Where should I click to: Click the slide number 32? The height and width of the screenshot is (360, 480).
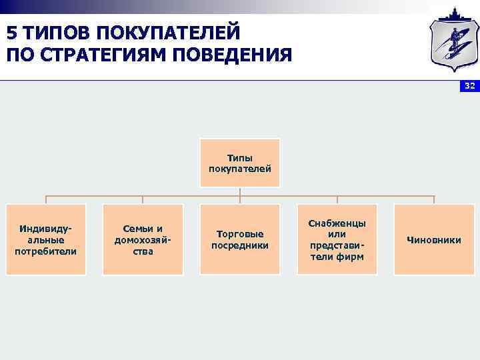pos(469,87)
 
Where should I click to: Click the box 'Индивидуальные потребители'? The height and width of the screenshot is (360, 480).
pos(46,240)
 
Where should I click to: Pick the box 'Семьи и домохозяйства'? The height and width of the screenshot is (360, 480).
pos(143,240)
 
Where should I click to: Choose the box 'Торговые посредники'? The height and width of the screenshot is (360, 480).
pos(240,240)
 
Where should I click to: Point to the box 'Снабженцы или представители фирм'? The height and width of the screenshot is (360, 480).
pos(337,240)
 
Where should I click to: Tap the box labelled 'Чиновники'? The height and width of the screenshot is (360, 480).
pos(434,240)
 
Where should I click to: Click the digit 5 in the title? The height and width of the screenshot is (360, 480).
pos(12,32)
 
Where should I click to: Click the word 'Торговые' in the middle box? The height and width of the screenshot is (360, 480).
pos(240,234)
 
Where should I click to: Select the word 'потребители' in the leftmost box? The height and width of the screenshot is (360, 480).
pos(46,251)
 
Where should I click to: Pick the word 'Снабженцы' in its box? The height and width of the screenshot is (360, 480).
pos(337,223)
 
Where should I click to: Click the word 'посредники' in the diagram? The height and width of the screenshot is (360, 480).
pos(240,245)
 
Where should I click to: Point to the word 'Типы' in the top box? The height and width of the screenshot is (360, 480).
pos(240,158)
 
